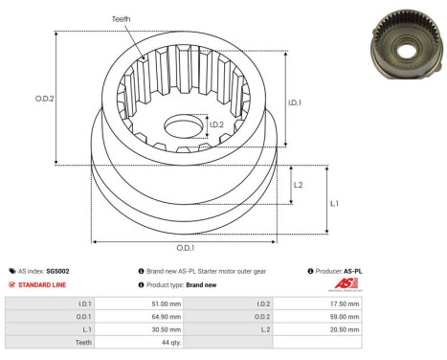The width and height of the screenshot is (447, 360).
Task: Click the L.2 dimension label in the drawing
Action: (299, 185)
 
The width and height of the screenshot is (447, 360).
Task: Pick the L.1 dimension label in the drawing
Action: (333, 204)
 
